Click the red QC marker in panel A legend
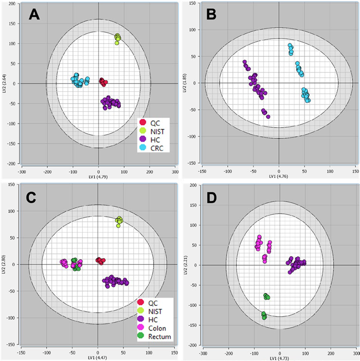click(x=143, y=122)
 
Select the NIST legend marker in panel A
click(x=143, y=131)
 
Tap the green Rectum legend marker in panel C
click(x=142, y=337)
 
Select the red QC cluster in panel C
click(x=100, y=261)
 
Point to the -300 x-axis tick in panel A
click(x=22, y=172)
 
